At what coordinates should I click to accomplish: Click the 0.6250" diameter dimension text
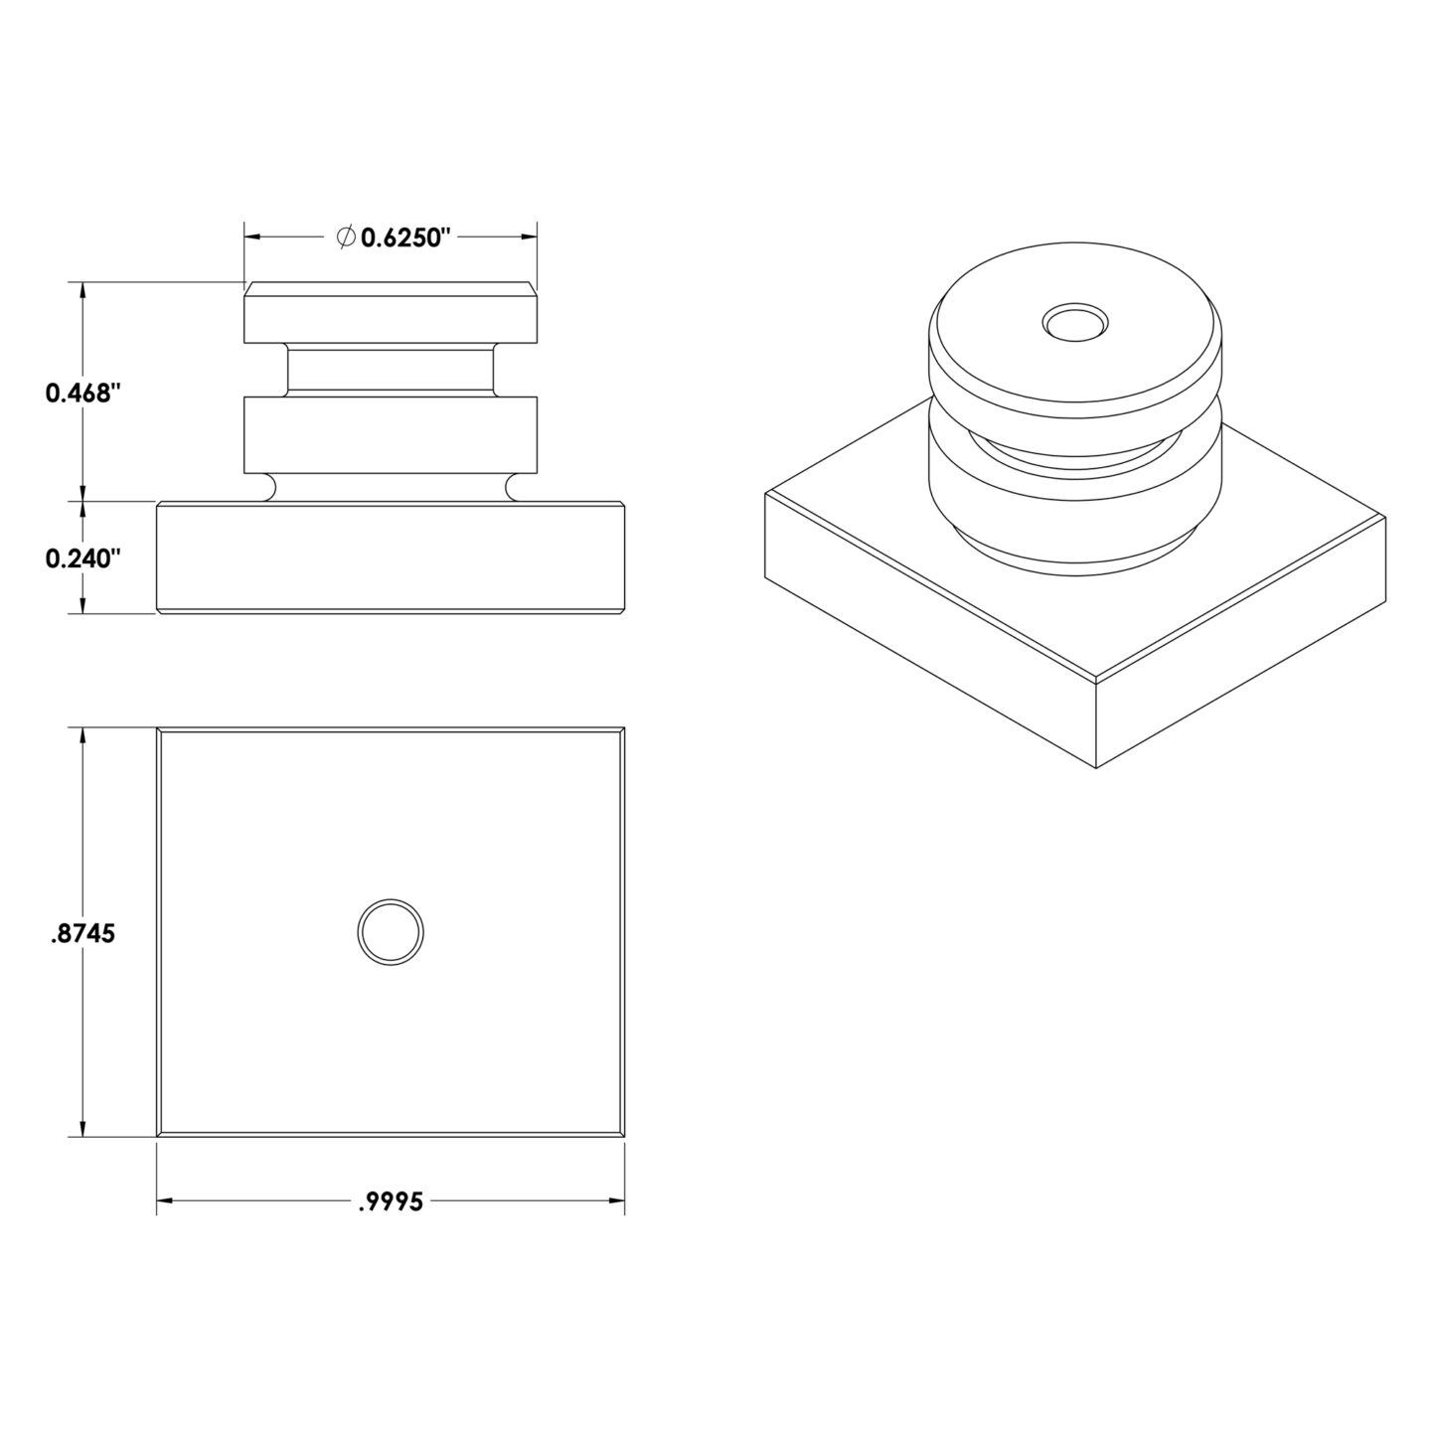405,238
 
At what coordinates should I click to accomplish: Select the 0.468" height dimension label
81,393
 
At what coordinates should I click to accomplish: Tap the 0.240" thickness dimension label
81,557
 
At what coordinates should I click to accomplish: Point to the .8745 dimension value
83,933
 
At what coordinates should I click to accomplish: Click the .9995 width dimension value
391,1201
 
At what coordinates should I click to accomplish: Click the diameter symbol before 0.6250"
345,237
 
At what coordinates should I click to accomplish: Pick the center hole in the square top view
391,932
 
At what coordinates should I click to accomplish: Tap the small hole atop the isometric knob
1075,322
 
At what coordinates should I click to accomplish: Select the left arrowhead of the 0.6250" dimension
252,237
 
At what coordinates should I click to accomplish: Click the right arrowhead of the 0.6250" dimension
529,237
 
